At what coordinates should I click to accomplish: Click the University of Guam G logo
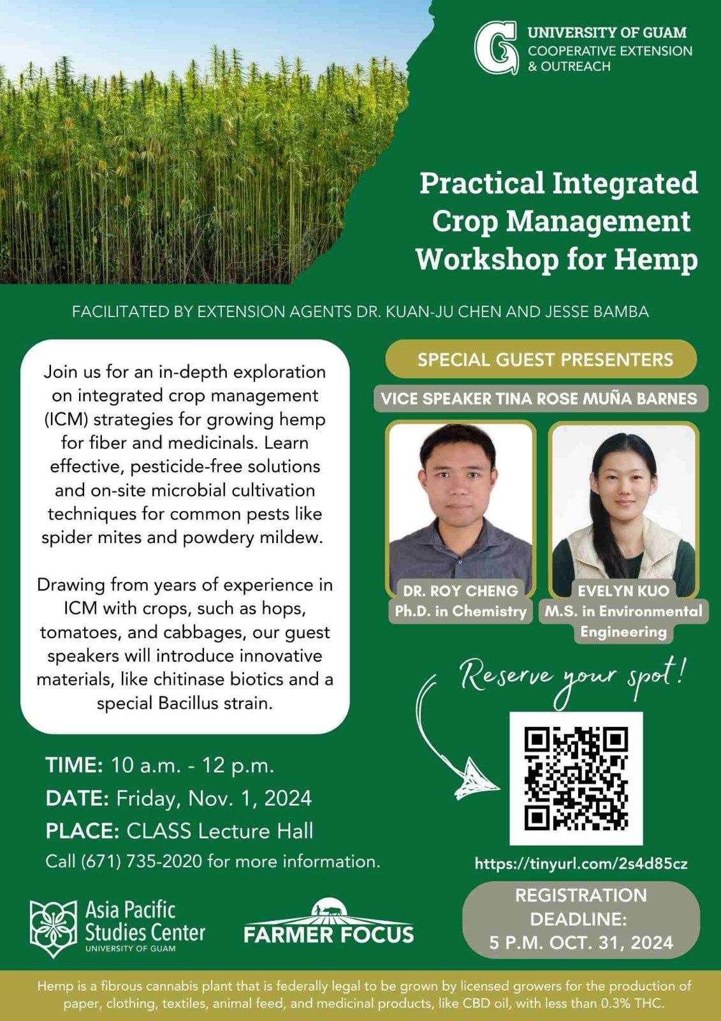point(495,48)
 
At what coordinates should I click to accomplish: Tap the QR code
point(576,778)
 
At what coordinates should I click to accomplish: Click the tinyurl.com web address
point(581,864)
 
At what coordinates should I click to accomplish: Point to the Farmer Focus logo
point(328,923)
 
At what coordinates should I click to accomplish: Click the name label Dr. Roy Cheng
point(460,590)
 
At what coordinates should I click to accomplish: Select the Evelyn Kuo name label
point(623,590)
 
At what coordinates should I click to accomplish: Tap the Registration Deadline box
point(581,919)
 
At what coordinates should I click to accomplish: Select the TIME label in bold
point(74,765)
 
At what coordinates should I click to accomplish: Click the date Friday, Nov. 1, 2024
point(214,798)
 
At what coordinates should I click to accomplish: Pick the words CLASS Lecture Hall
point(220,831)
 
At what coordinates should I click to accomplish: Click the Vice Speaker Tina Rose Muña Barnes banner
point(539,399)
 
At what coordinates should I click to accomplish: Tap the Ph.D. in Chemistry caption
point(460,611)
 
